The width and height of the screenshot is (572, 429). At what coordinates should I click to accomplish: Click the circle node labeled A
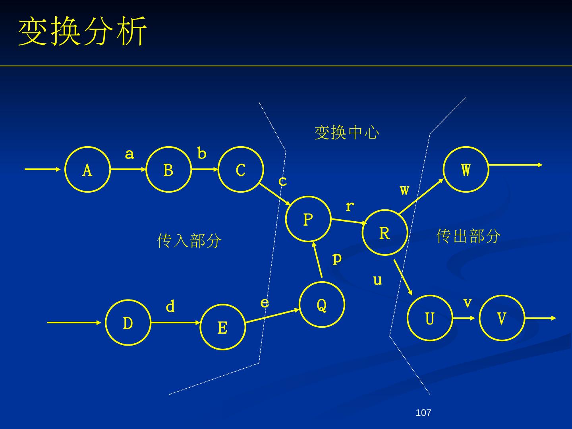87,170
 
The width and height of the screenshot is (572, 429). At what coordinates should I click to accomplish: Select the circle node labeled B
168,170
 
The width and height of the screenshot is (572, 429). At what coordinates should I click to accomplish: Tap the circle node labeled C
241,170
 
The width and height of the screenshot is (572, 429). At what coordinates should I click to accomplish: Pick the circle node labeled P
308,219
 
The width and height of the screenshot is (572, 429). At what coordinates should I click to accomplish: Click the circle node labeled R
385,233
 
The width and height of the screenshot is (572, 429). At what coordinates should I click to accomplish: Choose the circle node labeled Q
322,305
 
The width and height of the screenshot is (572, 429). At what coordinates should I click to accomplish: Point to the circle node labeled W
466,170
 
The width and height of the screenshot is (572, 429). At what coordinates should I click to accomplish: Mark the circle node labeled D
128,323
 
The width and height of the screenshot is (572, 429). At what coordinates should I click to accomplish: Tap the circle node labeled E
222,327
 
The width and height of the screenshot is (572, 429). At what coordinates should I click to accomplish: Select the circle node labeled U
430,318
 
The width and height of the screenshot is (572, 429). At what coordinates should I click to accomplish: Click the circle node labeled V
502,318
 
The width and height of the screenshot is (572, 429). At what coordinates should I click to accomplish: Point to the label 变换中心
347,132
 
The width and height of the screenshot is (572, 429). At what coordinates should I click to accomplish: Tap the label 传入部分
189,241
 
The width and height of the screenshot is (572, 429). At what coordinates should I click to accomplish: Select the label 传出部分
468,236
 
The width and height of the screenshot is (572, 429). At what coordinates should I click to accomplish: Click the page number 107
423,413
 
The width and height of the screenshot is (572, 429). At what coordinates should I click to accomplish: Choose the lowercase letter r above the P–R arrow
350,206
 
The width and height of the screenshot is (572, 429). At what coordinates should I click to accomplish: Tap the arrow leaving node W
515,165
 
